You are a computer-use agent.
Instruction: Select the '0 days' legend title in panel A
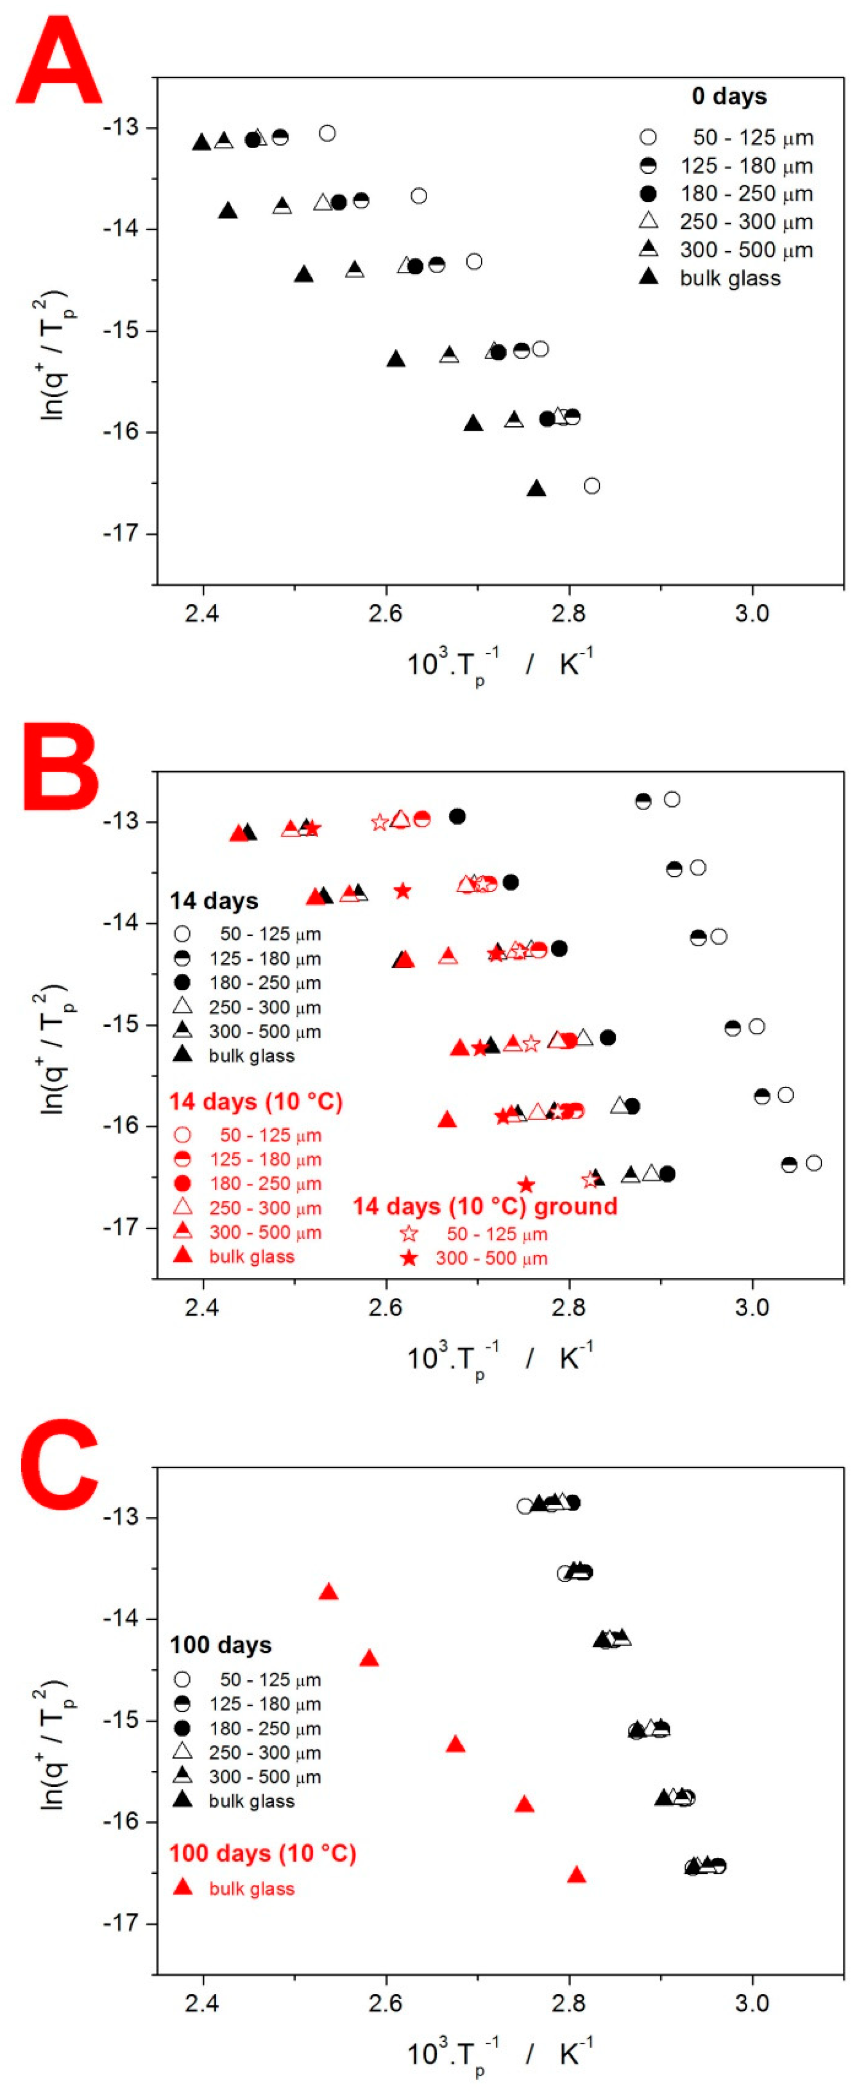coord(728,97)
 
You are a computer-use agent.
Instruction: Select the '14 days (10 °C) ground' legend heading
coord(484,1206)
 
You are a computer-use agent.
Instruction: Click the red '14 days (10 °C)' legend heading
coord(255,1102)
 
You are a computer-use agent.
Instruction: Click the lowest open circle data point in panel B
coord(813,1163)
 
